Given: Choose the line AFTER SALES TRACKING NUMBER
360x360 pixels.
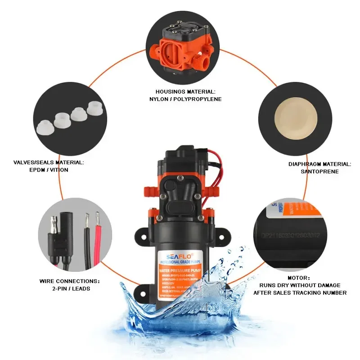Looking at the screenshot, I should [x=300, y=292].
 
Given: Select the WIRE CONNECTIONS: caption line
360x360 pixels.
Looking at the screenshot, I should [x=70, y=280].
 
